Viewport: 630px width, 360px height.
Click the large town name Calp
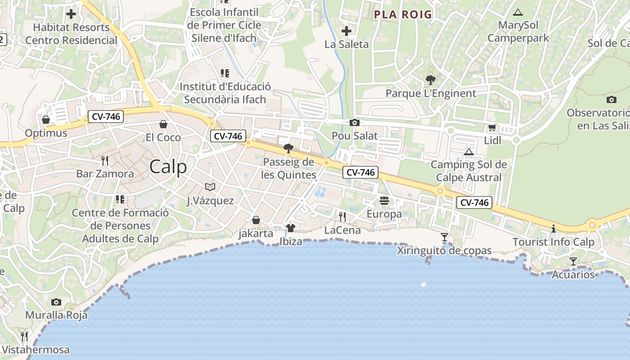pyautogui.click(x=168, y=167)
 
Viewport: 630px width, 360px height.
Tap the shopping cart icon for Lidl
pyautogui.click(x=492, y=128)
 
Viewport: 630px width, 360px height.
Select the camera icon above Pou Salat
pyautogui.click(x=354, y=122)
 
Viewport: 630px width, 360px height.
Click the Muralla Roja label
pyautogui.click(x=56, y=315)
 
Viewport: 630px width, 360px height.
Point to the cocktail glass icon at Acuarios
pyautogui.click(x=573, y=261)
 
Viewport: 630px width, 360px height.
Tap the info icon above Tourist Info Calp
pyautogui.click(x=553, y=229)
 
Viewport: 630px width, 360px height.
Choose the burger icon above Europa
pyautogui.click(x=384, y=200)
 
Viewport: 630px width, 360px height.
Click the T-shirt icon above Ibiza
pyautogui.click(x=290, y=228)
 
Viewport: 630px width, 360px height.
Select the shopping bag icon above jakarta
pyautogui.click(x=256, y=220)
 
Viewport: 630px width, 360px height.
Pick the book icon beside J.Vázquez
pyautogui.click(x=210, y=187)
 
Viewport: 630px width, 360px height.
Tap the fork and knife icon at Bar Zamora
pyautogui.click(x=105, y=160)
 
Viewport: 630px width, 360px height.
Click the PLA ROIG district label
pyautogui.click(x=403, y=14)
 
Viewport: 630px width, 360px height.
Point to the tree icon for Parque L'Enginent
pyautogui.click(x=431, y=80)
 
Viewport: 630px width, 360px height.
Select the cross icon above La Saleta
pyautogui.click(x=346, y=31)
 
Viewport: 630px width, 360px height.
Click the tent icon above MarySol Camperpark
pyautogui.click(x=518, y=12)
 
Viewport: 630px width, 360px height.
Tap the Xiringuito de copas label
pyautogui.click(x=444, y=251)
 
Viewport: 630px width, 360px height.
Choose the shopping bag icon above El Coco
pyautogui.click(x=163, y=124)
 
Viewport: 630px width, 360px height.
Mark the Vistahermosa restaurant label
pyautogui.click(x=36, y=350)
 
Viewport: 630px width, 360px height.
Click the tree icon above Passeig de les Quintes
pyautogui.click(x=288, y=148)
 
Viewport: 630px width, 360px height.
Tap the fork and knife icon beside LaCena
pyautogui.click(x=342, y=217)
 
